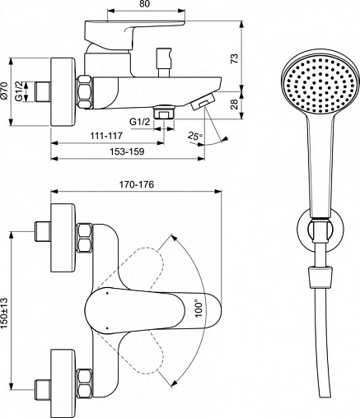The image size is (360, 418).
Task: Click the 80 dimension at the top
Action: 147,4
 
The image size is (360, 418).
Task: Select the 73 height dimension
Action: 235,58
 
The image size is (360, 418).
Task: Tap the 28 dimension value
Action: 235,104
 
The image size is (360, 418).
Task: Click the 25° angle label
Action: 195,136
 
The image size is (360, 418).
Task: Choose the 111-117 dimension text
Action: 105,136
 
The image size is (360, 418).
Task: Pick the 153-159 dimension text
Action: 127,151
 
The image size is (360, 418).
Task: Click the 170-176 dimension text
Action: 136,184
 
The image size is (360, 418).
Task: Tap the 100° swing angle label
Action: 199,309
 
